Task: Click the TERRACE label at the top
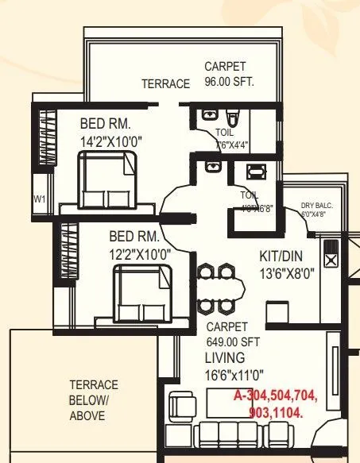pyautogui.click(x=165, y=84)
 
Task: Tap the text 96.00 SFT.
pyautogui.click(x=229, y=82)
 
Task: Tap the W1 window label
pyautogui.click(x=39, y=198)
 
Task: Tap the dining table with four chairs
pyautogui.click(x=216, y=288)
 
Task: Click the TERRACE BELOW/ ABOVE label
pyautogui.click(x=94, y=400)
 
